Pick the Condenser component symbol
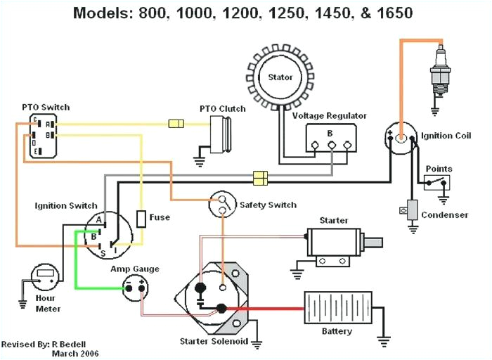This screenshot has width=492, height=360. coord(412,209)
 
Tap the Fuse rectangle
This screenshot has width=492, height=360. coord(141,218)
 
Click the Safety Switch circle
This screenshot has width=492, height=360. coord(223,205)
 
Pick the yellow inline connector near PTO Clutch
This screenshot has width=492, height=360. coord(176,124)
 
